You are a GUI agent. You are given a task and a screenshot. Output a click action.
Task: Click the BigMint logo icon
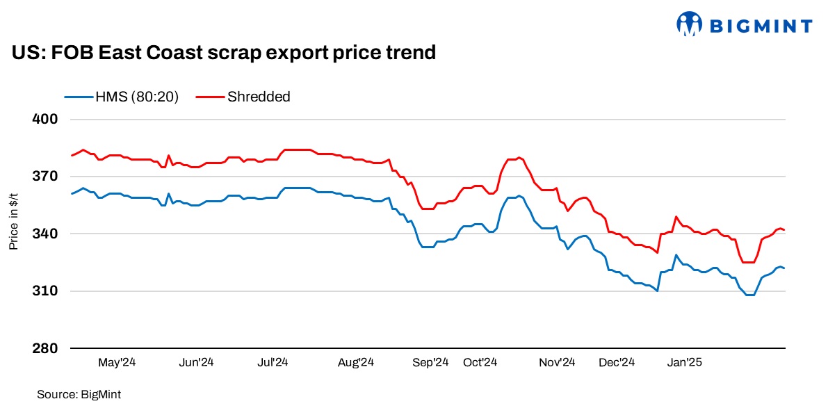click(x=689, y=24)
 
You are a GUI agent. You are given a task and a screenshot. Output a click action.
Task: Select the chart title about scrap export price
click(x=223, y=52)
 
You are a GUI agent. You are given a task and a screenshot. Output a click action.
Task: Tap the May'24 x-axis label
click(x=116, y=362)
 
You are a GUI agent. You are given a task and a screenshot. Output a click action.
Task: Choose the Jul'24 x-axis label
click(x=273, y=362)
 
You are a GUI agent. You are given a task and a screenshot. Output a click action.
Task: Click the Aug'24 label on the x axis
click(x=356, y=362)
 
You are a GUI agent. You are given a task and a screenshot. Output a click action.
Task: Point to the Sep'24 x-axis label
click(x=431, y=362)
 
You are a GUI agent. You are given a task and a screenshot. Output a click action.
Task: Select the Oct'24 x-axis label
click(x=480, y=362)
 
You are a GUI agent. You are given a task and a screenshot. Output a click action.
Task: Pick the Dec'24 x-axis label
click(x=617, y=362)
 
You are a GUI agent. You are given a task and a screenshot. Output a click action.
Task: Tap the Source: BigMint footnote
click(x=79, y=394)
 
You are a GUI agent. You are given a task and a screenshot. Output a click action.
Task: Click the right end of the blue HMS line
click(x=784, y=268)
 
